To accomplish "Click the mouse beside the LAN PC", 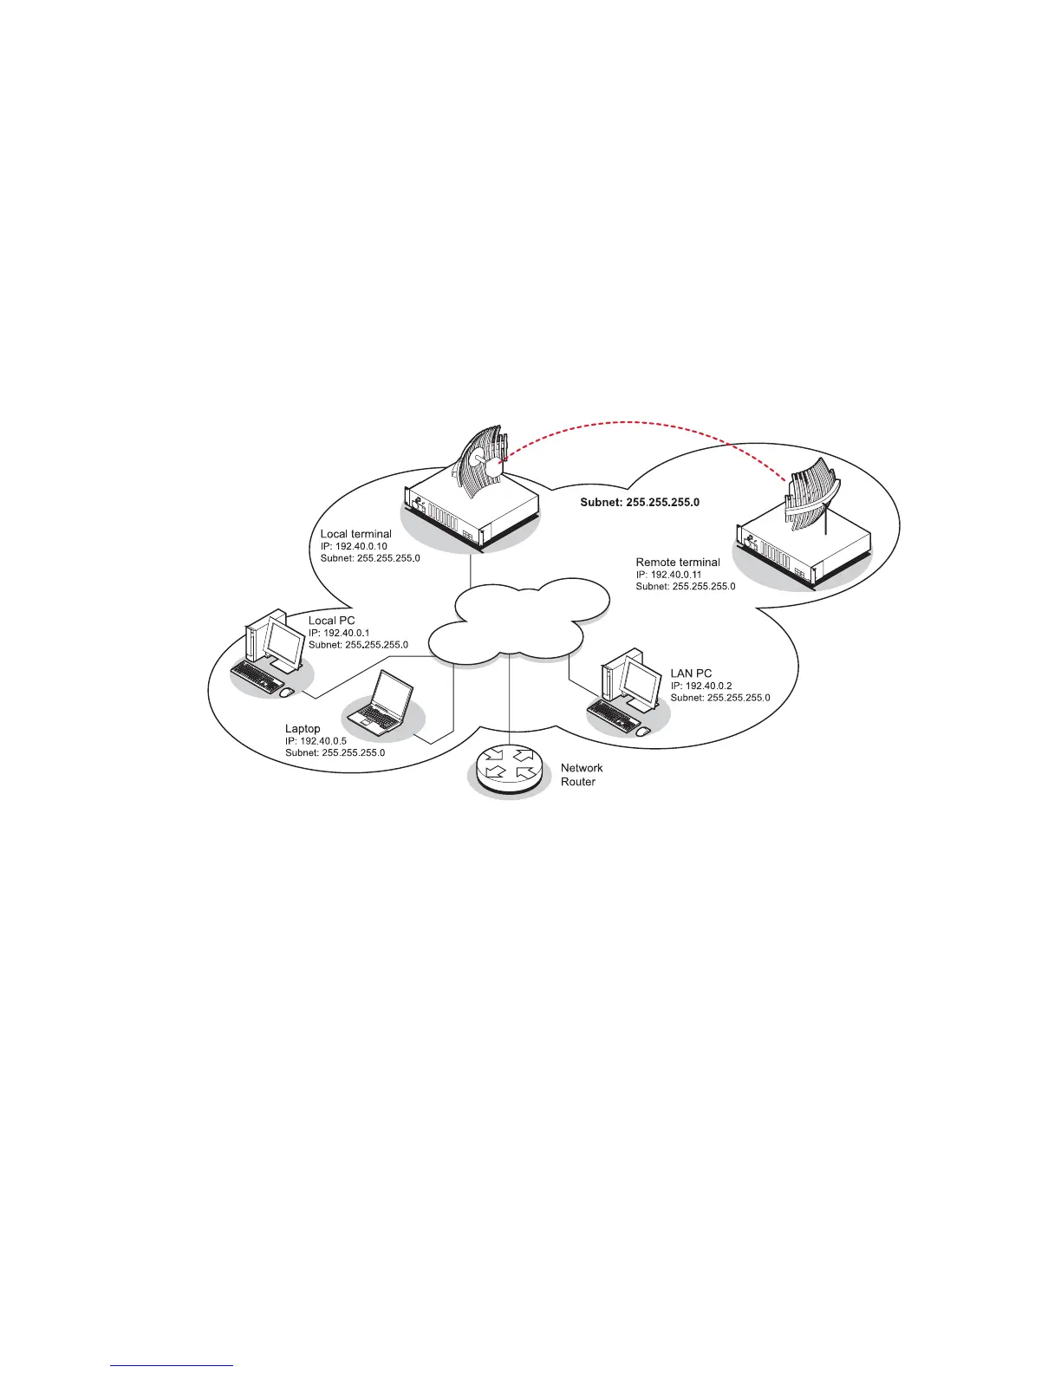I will pos(642,732).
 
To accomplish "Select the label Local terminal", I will pos(355,534).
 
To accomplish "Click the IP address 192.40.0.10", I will pos(354,546).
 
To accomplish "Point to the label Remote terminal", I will pos(678,563).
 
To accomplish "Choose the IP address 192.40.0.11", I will pos(669,575).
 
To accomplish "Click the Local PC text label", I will pos(332,621).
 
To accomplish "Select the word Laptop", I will pos(303,729).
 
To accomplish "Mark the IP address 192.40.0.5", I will pos(316,741).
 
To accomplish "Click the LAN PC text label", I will pos(691,673).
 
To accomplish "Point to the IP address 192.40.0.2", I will pos(701,686).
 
